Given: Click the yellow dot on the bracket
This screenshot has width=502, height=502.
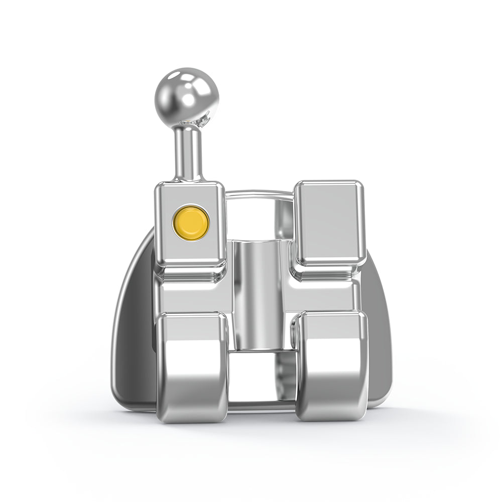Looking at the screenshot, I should point(191,221).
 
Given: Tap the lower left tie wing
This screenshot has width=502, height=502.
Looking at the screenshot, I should point(192,366).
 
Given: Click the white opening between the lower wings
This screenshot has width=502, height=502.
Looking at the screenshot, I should point(261,379).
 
